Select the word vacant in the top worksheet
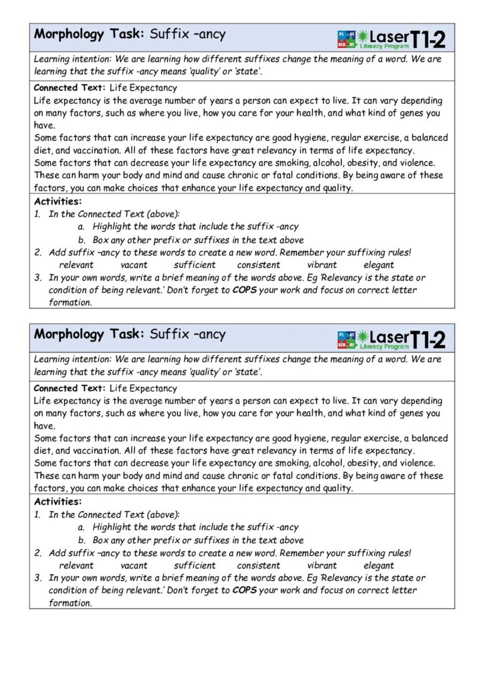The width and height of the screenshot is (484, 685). click(x=134, y=265)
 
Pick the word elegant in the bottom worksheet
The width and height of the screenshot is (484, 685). click(x=378, y=565)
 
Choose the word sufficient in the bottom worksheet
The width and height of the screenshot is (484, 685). click(x=195, y=565)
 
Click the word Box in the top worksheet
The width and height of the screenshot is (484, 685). click(x=100, y=239)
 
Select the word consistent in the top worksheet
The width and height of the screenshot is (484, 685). click(x=258, y=265)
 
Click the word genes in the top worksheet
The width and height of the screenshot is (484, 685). click(x=408, y=114)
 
